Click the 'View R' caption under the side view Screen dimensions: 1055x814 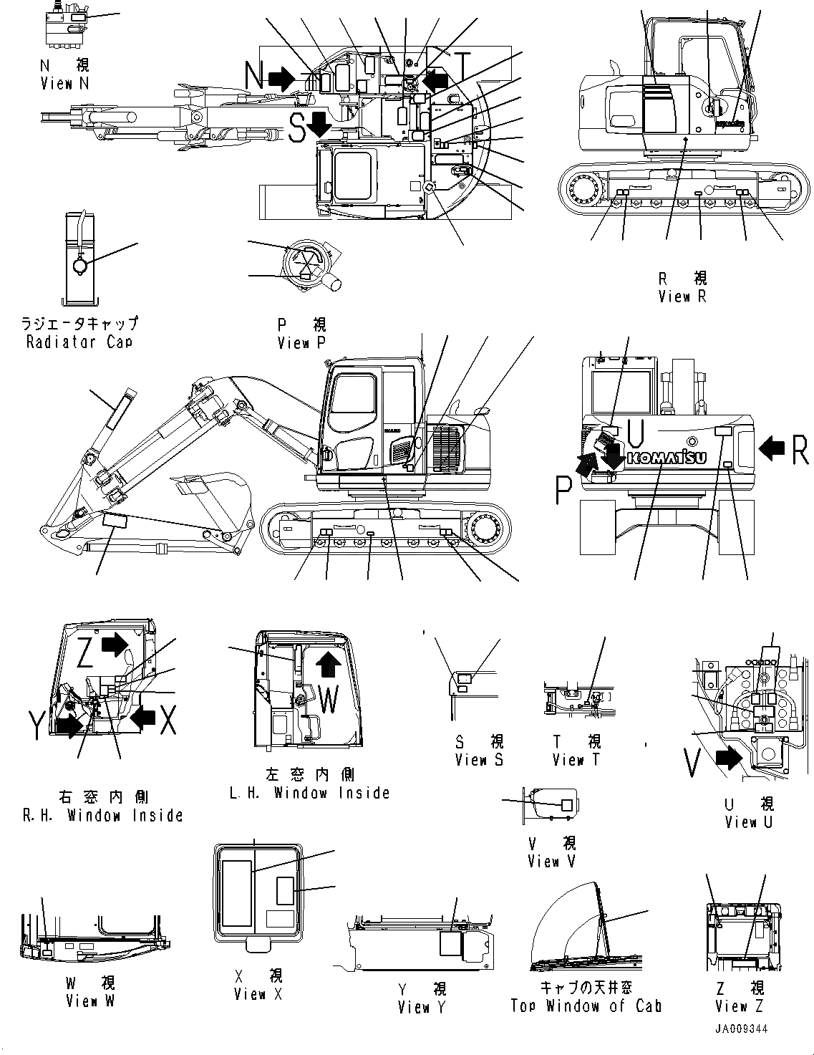tap(682, 296)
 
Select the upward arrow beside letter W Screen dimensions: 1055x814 tap(328, 664)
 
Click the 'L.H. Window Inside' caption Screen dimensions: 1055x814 tap(309, 793)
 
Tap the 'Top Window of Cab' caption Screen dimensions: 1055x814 tap(586, 1006)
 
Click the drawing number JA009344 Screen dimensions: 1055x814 tap(740, 1028)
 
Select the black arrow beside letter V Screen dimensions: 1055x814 tap(728, 757)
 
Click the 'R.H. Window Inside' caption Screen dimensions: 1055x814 tap(102, 815)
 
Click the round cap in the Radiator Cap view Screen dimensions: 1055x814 tap(79, 266)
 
